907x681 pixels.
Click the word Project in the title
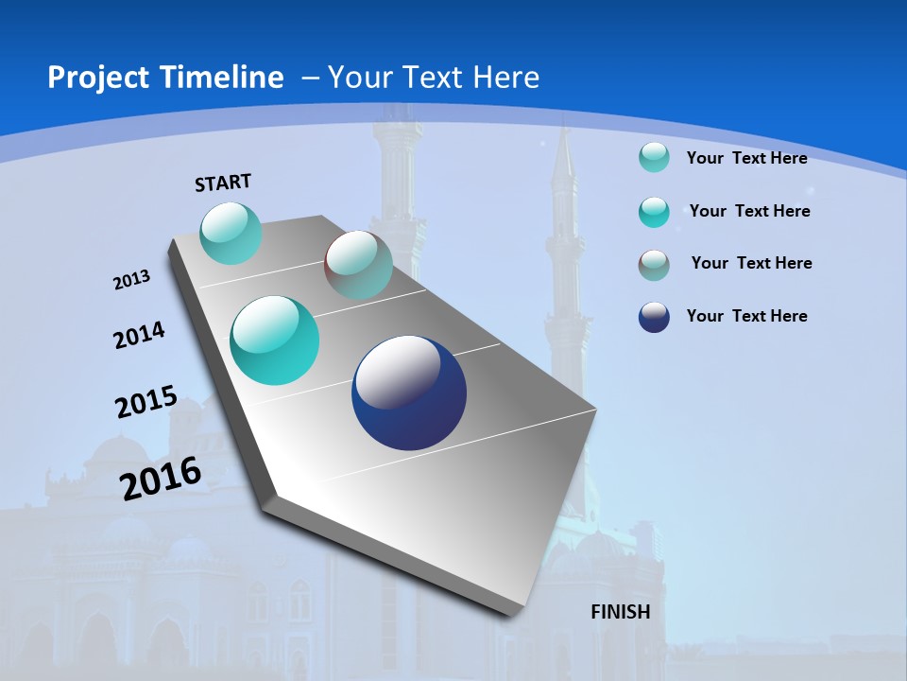[x=94, y=78]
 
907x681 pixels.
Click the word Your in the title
[x=356, y=78]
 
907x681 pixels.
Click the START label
[x=223, y=183]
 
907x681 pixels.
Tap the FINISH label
[x=621, y=612]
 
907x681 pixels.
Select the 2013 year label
[x=132, y=279]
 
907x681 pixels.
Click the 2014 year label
[x=140, y=335]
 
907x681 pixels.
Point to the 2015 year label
[x=146, y=402]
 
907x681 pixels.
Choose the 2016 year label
[x=161, y=478]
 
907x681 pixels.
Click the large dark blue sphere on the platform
[x=409, y=393]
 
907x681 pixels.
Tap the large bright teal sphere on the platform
[x=275, y=340]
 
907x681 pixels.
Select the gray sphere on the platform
[x=358, y=265]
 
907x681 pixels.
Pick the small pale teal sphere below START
[x=231, y=233]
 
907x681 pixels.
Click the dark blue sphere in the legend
[x=654, y=317]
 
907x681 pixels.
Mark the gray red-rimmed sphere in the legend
[x=654, y=265]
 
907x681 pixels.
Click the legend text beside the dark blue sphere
[x=747, y=316]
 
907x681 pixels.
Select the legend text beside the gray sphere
[x=751, y=263]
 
